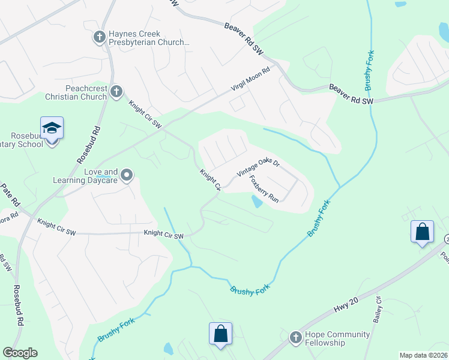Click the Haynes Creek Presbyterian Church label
click(x=149, y=38)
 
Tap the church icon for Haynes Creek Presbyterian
click(x=100, y=38)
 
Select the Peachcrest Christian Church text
click(x=77, y=92)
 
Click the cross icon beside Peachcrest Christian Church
click(x=116, y=92)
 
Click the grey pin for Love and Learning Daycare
click(x=127, y=175)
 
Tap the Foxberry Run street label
click(x=264, y=188)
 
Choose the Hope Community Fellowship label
click(x=326, y=338)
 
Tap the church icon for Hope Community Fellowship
click(x=295, y=338)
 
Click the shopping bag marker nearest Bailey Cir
click(x=422, y=232)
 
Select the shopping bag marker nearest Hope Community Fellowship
click(x=220, y=334)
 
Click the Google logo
click(x=20, y=353)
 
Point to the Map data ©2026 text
click(x=423, y=355)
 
